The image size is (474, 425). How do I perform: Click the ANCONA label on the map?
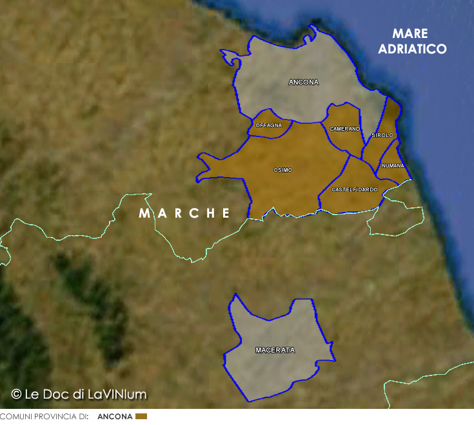[x=304, y=82]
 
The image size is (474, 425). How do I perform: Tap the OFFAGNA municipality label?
[x=269, y=125]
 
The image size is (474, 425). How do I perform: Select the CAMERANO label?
[x=344, y=129]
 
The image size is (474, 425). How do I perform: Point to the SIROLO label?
[x=382, y=135]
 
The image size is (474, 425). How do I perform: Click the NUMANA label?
[x=393, y=165]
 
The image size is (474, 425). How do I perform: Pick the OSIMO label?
[x=282, y=170]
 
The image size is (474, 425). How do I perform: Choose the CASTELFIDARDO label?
[x=355, y=189]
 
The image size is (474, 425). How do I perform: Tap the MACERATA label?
[x=275, y=350]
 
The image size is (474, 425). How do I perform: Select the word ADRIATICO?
[x=413, y=49]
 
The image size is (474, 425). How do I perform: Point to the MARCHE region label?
[x=184, y=213]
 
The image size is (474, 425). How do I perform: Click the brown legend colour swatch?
[x=141, y=417]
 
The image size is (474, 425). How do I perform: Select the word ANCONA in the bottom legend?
[x=115, y=417]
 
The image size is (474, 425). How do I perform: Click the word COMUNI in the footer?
[x=15, y=417]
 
